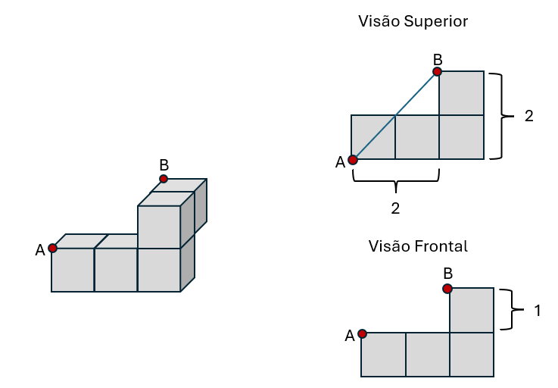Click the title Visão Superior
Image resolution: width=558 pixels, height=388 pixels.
413,22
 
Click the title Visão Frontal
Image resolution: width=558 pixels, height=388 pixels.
418,246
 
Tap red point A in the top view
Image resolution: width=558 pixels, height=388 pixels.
352,159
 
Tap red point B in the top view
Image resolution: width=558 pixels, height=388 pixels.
437,71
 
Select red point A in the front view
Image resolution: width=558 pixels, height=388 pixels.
363,333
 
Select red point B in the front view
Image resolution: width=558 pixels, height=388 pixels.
447,289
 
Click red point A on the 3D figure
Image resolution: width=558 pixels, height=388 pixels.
52,248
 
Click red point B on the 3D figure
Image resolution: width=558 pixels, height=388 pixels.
164,179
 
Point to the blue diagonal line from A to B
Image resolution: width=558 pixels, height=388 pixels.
394,116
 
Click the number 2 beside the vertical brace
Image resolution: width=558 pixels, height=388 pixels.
528,116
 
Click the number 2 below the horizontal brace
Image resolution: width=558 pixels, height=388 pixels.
394,207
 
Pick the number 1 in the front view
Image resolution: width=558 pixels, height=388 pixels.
538,311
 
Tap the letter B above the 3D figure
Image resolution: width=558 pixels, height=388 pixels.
164,164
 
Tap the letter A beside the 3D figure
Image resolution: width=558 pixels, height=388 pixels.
40,250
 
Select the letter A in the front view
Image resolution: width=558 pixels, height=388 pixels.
350,336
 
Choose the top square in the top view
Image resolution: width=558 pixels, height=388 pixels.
461,93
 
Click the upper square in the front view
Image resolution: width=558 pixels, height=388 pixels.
472,310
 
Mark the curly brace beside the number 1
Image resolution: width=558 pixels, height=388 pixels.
516,309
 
